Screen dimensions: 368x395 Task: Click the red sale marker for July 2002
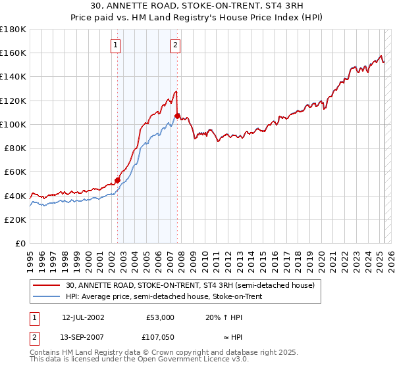point(117,180)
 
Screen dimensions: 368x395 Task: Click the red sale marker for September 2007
point(177,116)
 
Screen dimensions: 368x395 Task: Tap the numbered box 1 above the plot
point(116,45)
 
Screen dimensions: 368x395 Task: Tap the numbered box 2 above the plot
point(176,45)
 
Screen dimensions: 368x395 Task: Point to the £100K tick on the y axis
point(13,124)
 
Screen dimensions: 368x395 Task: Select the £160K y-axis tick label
point(13,53)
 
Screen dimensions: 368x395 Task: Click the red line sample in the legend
point(46,286)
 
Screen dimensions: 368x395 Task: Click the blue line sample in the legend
point(46,295)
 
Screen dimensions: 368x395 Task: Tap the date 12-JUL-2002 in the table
point(83,317)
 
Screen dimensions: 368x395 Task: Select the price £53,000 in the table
point(160,317)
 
